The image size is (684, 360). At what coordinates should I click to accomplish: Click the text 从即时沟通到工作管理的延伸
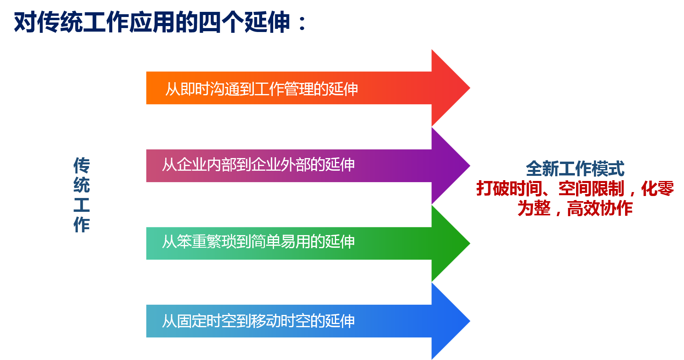(x=261, y=89)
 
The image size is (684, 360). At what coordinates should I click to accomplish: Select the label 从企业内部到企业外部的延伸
(x=258, y=165)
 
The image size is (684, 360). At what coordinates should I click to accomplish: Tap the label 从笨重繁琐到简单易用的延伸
(x=258, y=242)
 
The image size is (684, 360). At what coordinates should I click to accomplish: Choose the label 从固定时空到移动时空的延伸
(x=258, y=321)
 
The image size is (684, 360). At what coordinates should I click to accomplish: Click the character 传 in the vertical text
(x=81, y=165)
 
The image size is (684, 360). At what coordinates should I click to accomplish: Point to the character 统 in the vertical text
(x=81, y=185)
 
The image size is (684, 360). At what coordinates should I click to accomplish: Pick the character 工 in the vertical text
(x=81, y=205)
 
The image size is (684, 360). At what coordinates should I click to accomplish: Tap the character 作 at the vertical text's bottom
(x=81, y=224)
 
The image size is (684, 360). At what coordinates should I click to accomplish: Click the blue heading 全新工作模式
(x=575, y=169)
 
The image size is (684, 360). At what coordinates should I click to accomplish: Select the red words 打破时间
(x=509, y=188)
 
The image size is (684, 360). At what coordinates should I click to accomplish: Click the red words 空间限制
(x=591, y=188)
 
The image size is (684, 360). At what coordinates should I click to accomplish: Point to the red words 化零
(x=658, y=188)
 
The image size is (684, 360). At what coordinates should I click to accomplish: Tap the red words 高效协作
(x=600, y=208)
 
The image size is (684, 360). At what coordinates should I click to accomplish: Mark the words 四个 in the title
(x=221, y=22)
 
